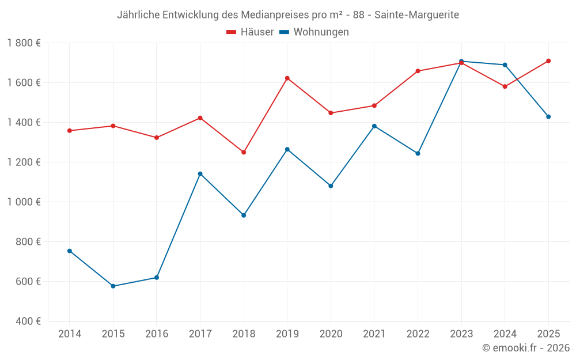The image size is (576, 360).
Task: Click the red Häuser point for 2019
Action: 287,78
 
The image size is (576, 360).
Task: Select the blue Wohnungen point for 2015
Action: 113,286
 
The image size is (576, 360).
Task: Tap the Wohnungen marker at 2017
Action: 200,173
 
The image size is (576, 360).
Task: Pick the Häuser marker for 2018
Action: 244,152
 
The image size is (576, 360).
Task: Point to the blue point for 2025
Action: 548,116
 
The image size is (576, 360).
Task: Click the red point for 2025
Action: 548,60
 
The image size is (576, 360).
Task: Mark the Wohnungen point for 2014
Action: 69,251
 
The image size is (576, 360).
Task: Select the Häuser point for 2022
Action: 418,71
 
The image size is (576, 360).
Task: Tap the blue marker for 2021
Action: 374,126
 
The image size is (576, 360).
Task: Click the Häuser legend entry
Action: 250,32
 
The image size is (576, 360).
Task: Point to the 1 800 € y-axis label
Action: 24,43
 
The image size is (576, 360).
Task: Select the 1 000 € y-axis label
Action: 24,202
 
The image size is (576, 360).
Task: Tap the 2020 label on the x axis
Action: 331,334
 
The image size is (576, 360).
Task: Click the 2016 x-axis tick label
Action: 156,334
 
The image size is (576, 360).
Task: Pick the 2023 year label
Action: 461,334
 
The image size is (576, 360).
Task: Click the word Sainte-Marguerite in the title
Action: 416,15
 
